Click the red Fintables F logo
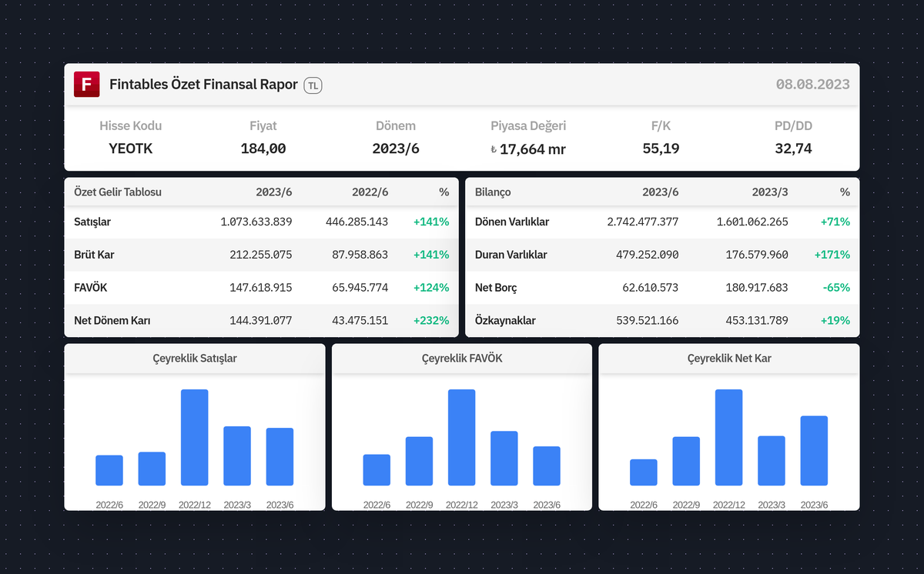pos(86,85)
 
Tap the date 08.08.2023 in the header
pos(812,85)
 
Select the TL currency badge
pos(313,85)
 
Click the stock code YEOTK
pos(131,149)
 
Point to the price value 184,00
pos(263,149)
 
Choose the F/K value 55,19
pos(661,149)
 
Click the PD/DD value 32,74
pos(793,149)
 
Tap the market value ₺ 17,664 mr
pos(528,149)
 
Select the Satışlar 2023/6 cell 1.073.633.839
pos(256,222)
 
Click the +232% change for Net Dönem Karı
pos(431,320)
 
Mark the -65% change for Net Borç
pos(835,287)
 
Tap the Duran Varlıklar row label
pos(511,255)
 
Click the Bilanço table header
pos(493,192)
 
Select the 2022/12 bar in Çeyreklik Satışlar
pos(194,437)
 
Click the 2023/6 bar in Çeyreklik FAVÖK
pos(547,466)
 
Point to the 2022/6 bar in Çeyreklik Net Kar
pos(643,472)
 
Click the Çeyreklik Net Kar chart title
pos(729,359)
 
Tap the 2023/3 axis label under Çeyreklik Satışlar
pos(237,505)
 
